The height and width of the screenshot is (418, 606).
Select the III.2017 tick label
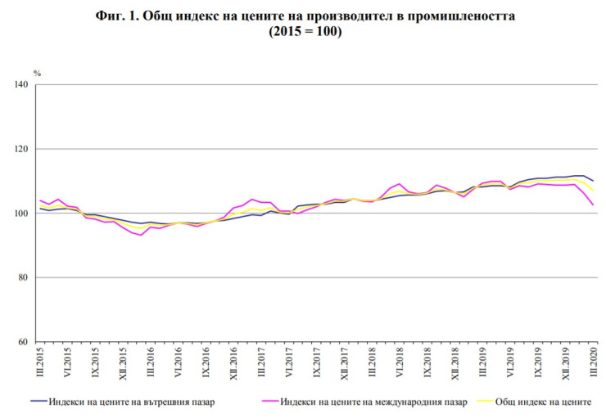261,362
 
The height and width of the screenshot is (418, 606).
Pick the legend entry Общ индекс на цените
545,402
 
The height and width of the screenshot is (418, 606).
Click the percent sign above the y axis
37,74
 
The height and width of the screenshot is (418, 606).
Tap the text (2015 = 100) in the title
304,33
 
